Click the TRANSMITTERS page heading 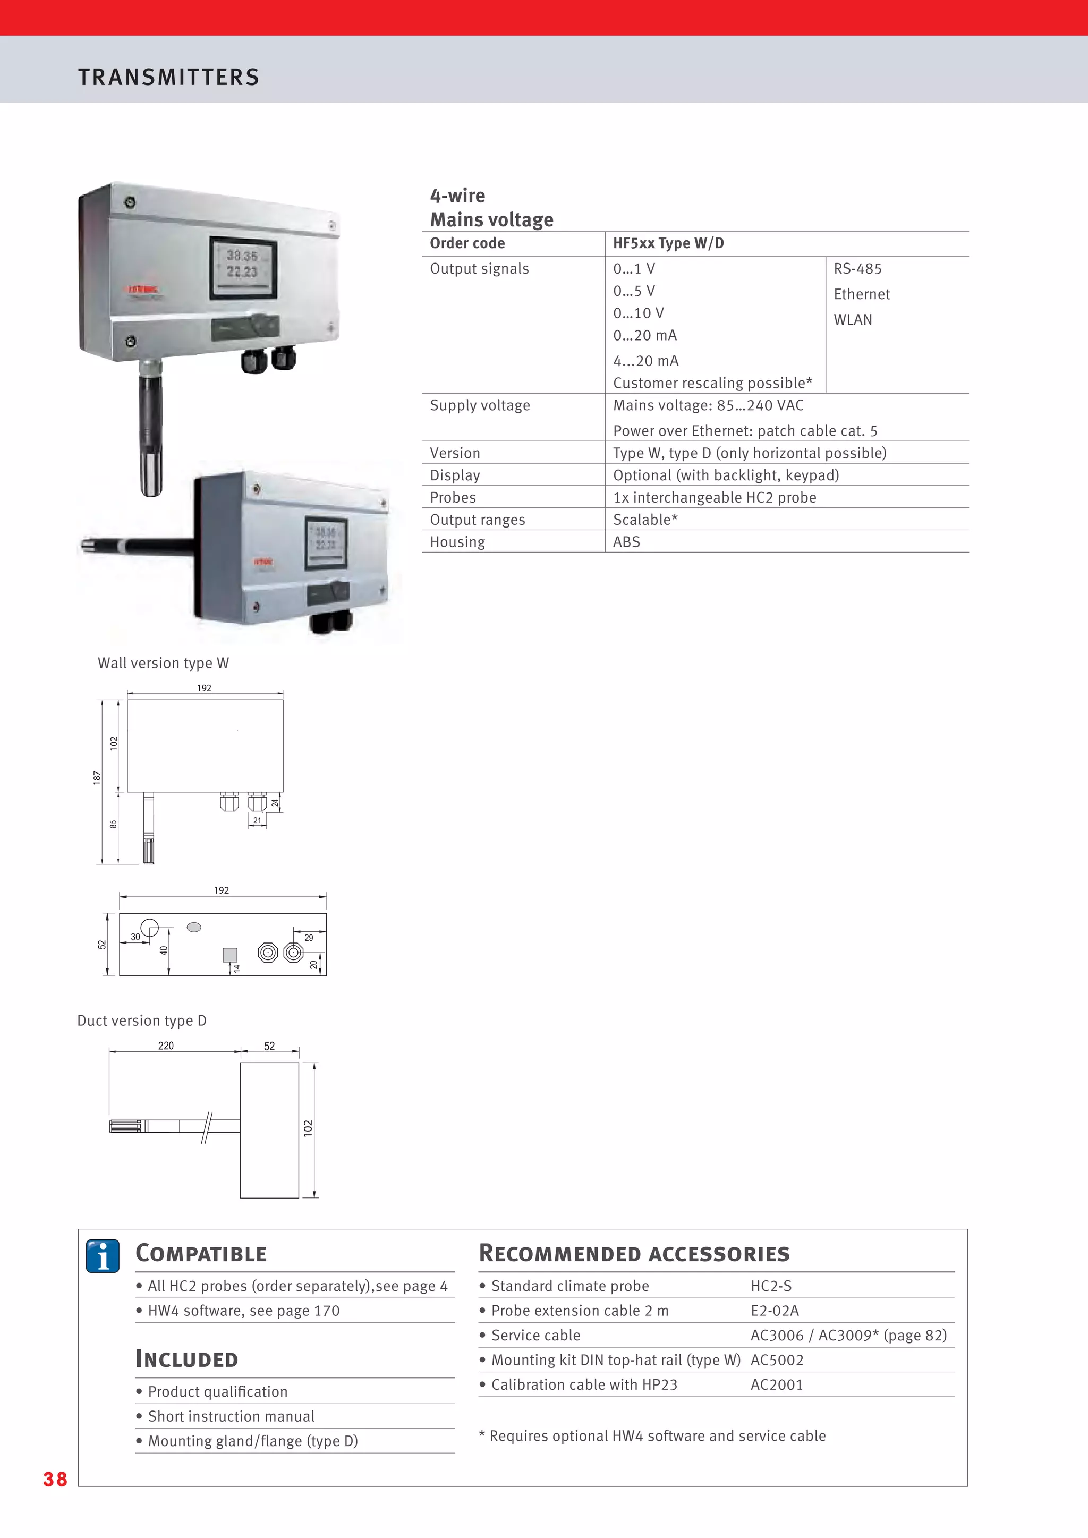pyautogui.click(x=169, y=77)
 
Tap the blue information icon pyautogui.click(x=103, y=1256)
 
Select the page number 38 pyautogui.click(x=55, y=1479)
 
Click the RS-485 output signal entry pyautogui.click(x=857, y=269)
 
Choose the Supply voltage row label pyautogui.click(x=480, y=405)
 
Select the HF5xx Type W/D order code pyautogui.click(x=668, y=243)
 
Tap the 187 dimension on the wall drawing pyautogui.click(x=97, y=777)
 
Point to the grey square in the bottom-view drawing pyautogui.click(x=230, y=955)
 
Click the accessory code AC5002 pyautogui.click(x=777, y=1360)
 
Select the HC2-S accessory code pyautogui.click(x=771, y=1286)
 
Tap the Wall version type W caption pyautogui.click(x=164, y=663)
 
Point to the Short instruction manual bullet pyautogui.click(x=231, y=1416)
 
